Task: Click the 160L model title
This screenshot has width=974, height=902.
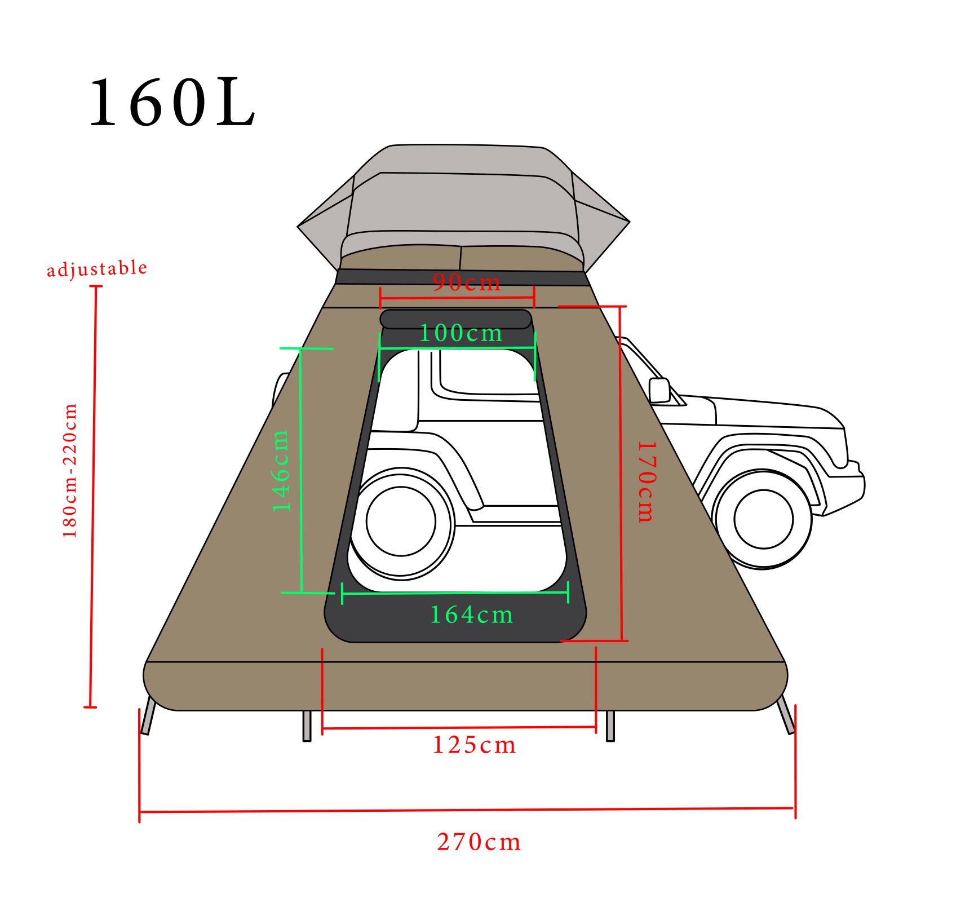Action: [x=172, y=103]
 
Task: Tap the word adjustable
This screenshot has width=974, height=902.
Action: [x=97, y=268]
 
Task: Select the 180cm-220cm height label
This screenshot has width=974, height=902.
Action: [x=69, y=471]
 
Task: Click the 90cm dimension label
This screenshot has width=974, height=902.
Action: [x=467, y=282]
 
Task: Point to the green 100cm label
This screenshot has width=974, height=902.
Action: [x=461, y=333]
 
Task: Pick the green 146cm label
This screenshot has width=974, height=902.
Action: [x=281, y=471]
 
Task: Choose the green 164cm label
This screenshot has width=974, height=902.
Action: [x=472, y=614]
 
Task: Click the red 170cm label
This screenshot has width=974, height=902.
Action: [x=647, y=482]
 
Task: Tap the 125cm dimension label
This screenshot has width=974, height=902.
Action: [x=474, y=745]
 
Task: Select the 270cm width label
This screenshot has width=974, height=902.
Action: [x=479, y=842]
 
